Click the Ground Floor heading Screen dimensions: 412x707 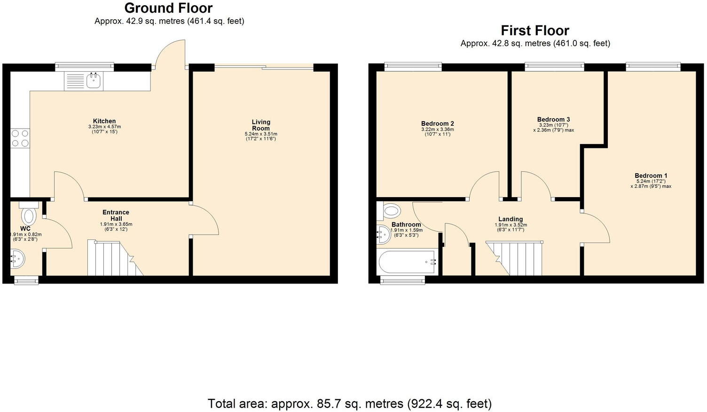[x=168, y=8]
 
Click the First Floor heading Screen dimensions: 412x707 [x=535, y=31]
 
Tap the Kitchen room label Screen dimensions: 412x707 [x=104, y=121]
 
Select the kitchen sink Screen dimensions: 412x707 [x=94, y=81]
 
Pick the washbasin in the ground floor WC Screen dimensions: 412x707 [x=17, y=259]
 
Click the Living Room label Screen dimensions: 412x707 [x=261, y=125]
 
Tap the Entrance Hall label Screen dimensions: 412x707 [x=116, y=215]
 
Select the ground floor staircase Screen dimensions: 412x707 [x=114, y=259]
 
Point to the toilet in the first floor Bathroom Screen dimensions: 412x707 [x=391, y=211]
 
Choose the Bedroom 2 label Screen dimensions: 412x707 [x=437, y=124]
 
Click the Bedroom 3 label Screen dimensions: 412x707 [x=553, y=120]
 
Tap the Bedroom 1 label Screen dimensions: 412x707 [x=651, y=176]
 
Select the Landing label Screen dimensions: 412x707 [x=511, y=219]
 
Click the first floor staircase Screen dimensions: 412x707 [x=515, y=259]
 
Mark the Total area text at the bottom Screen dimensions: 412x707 [x=349, y=404]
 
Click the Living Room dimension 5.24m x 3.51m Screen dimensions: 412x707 [x=261, y=134]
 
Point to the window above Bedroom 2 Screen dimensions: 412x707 [x=413, y=67]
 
